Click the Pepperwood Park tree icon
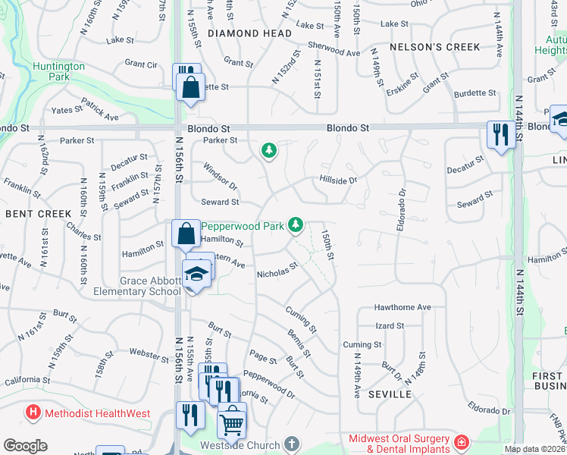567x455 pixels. [296, 225]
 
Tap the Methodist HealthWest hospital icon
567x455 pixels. [33, 413]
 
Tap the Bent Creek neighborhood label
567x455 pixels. [38, 214]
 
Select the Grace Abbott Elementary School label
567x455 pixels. [136, 286]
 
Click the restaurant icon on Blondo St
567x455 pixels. [500, 135]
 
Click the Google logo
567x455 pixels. [25, 446]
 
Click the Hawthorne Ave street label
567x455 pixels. [403, 307]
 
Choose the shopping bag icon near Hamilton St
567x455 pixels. [186, 234]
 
